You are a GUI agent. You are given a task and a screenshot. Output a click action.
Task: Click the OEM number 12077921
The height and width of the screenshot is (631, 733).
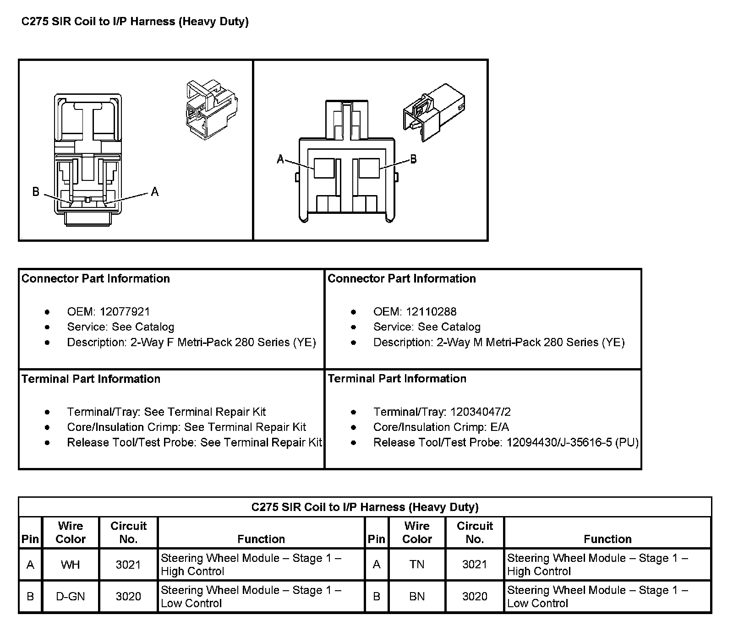[125, 312]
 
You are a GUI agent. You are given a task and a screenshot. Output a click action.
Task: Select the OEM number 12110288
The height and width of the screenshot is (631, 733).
[431, 312]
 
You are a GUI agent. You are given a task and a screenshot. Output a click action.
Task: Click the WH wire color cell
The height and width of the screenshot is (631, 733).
[70, 565]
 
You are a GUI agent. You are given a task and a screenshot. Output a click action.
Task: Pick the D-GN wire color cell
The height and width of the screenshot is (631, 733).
[70, 596]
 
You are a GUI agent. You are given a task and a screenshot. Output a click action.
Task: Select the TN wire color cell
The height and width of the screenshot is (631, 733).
[417, 565]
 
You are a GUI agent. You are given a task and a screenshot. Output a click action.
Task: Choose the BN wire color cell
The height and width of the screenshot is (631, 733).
[417, 596]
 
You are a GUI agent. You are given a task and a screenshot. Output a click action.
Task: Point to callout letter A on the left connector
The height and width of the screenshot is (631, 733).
[155, 192]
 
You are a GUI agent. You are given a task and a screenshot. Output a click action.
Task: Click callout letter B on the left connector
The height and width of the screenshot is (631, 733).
[36, 191]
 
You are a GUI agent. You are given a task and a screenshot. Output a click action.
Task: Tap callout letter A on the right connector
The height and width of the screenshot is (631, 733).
[280, 159]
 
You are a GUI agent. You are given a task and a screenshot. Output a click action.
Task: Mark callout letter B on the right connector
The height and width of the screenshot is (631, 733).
[413, 159]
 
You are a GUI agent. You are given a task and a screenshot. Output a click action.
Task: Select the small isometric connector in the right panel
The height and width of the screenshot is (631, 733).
[433, 111]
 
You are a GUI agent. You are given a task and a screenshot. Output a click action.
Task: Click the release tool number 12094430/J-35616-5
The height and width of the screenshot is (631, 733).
[559, 442]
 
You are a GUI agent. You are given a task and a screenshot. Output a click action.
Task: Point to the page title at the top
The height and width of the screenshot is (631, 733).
[135, 22]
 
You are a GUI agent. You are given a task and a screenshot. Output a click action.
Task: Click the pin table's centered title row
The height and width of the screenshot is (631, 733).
[365, 507]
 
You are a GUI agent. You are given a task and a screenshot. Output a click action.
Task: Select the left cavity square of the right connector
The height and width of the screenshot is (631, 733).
[324, 168]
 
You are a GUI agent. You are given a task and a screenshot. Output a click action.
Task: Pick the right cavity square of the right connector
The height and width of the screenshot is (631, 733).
[369, 168]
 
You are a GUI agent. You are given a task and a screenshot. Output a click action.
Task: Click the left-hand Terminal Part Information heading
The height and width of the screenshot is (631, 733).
[91, 379]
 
